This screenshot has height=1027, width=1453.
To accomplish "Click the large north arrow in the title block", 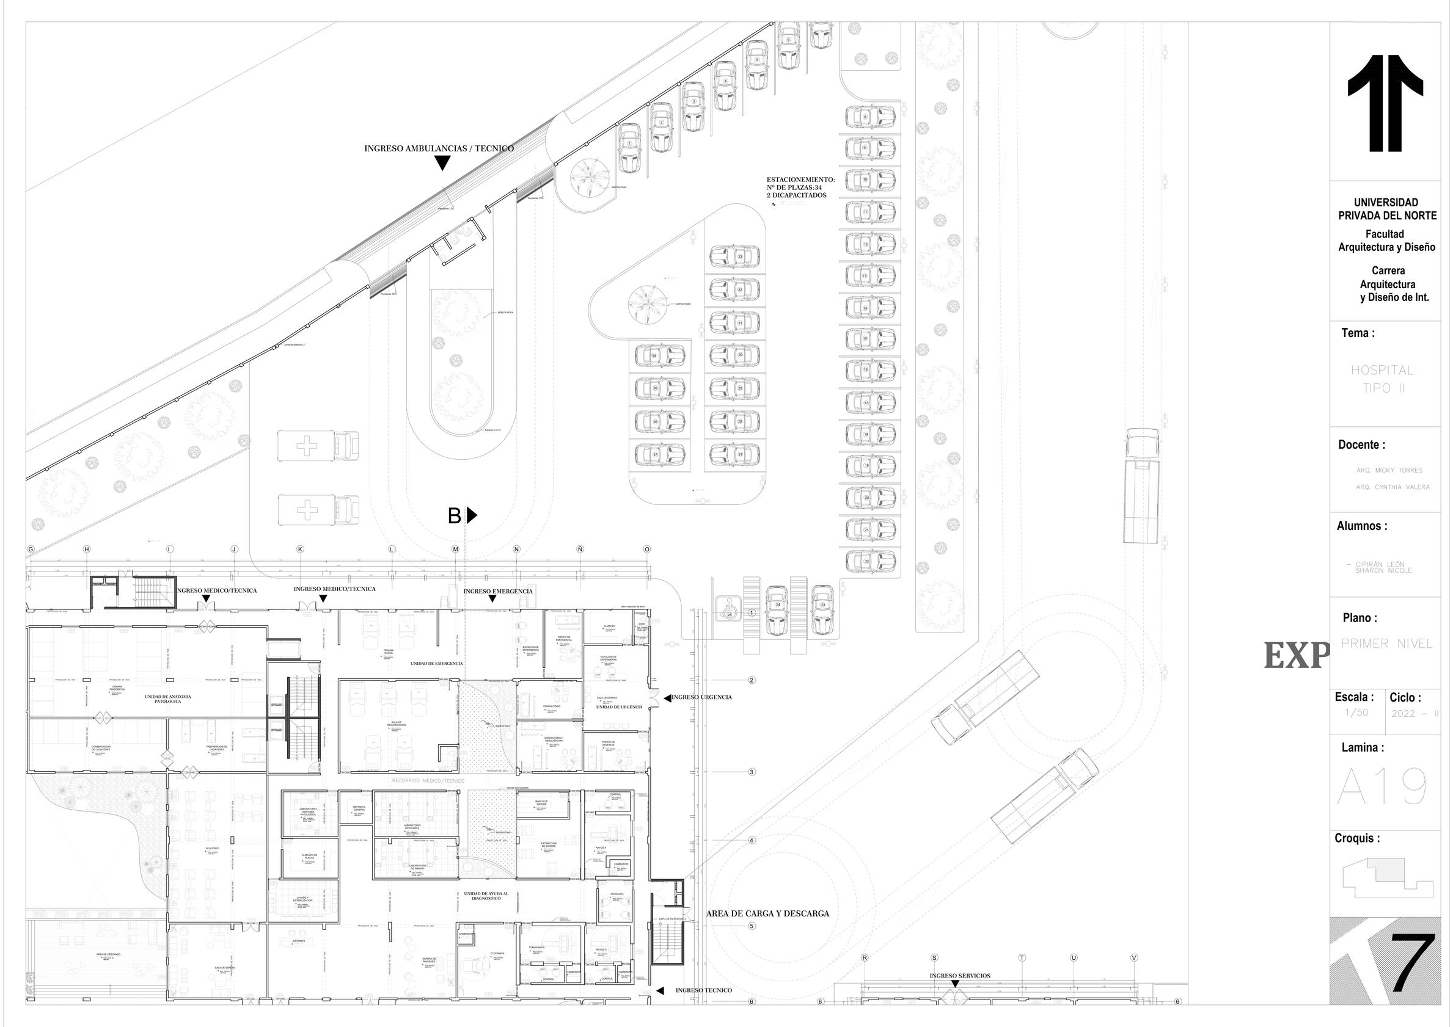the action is point(1385,103).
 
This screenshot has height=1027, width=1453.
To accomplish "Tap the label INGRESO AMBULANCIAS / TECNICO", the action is point(439,148).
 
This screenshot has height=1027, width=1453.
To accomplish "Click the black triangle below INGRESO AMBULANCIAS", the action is point(442,163).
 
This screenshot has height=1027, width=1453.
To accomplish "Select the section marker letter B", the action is point(454,516).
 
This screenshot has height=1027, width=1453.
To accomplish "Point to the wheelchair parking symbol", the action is point(728,609).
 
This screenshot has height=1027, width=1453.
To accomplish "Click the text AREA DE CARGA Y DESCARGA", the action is point(767,913).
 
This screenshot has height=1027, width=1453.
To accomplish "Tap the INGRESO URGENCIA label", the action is point(701,697).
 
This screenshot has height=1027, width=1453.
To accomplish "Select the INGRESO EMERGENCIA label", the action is point(498,591).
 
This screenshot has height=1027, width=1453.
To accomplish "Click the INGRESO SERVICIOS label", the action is point(959,976).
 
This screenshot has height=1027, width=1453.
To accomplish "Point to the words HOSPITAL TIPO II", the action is point(1382,379).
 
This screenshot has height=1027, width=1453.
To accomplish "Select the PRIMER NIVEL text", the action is point(1386,644).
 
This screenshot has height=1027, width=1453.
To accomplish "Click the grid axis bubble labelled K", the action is point(300,550).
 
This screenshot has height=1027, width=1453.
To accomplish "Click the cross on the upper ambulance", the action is point(307,446).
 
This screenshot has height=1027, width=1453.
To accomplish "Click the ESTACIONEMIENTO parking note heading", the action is point(800,180).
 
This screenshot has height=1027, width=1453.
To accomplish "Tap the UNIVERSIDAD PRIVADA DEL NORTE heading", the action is point(1386,209).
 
